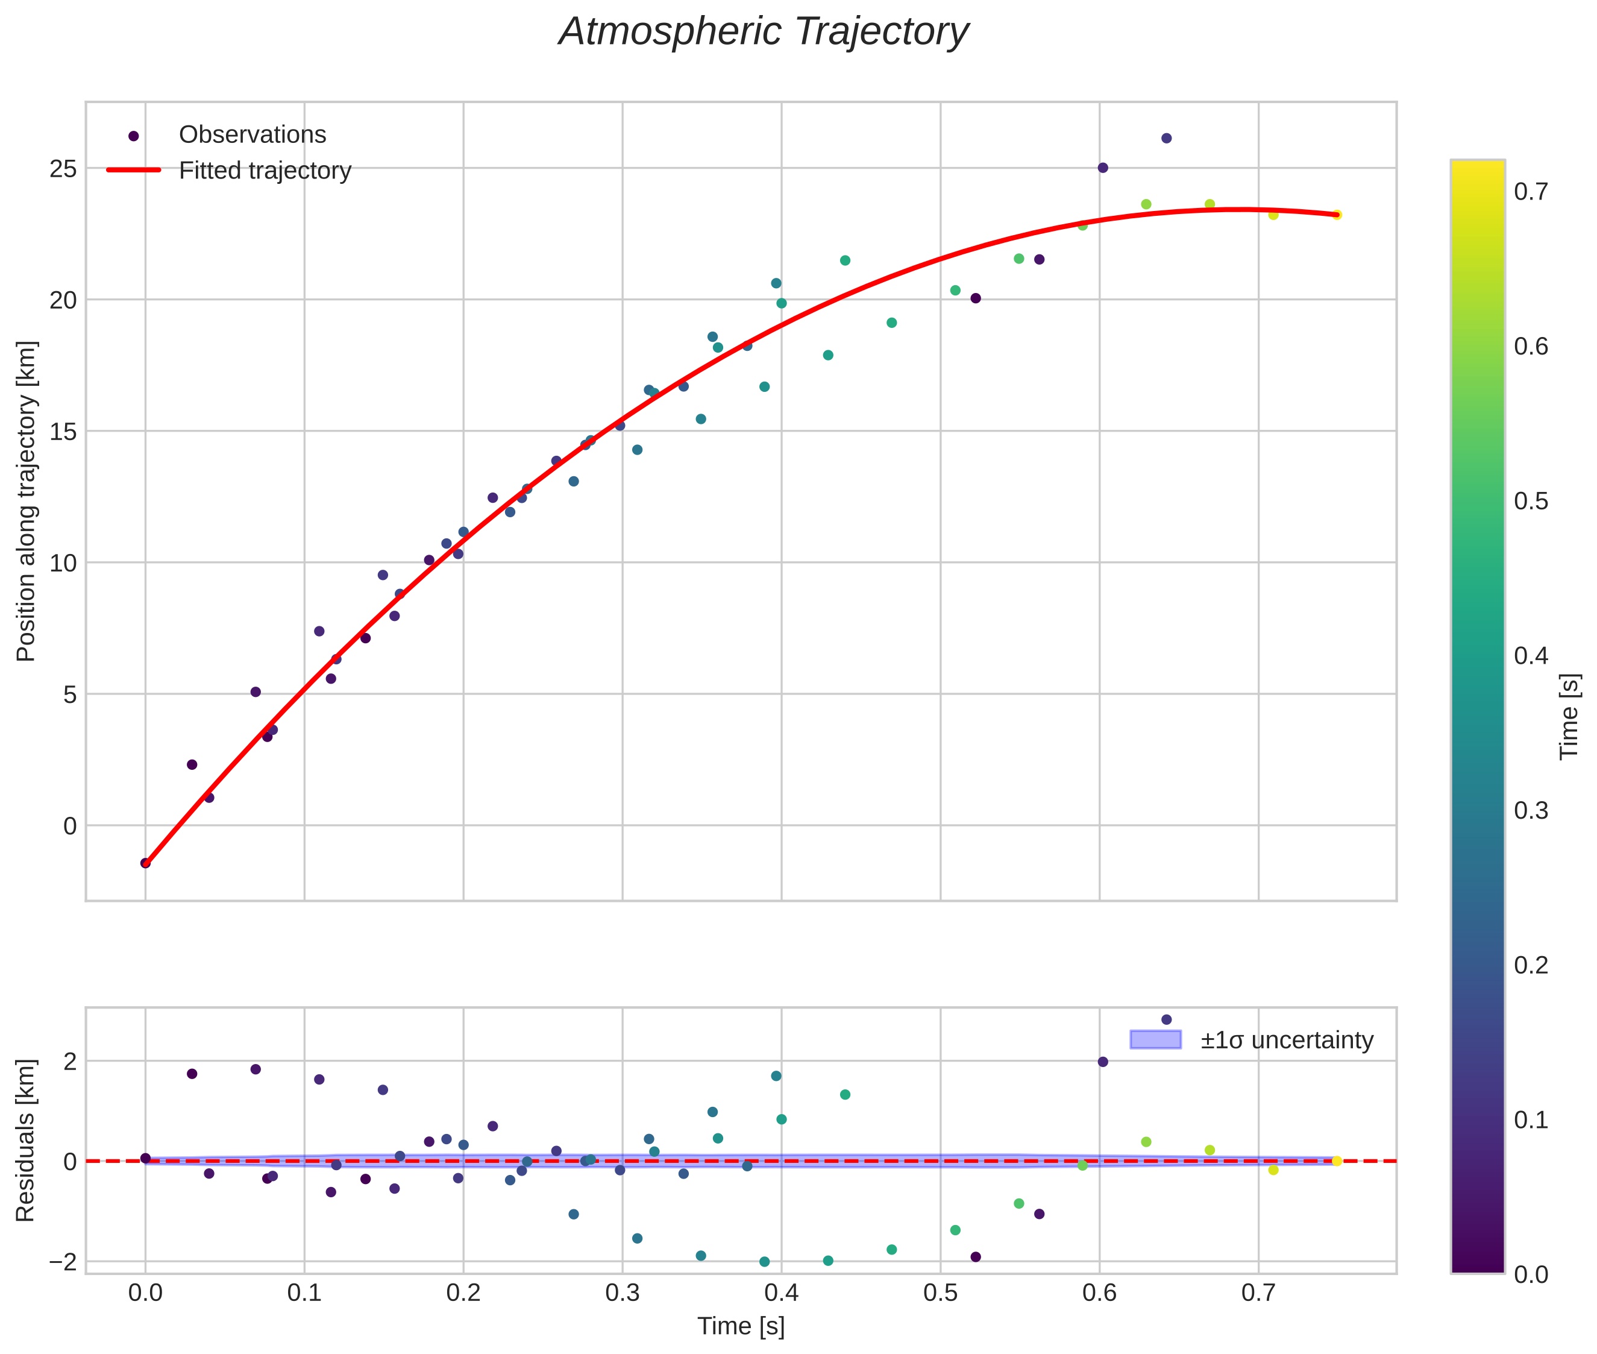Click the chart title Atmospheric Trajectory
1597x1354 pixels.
tap(763, 32)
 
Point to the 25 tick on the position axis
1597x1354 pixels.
tap(63, 169)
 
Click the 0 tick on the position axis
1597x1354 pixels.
tap(70, 826)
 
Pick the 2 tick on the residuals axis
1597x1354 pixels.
tap(70, 1062)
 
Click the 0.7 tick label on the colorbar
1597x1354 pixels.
tap(1531, 192)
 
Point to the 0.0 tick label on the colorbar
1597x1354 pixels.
tap(1531, 1275)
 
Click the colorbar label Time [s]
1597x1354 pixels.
tap(1569, 717)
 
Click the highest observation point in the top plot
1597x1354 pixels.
tap(1166, 138)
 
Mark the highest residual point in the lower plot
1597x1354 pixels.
tap(1166, 1019)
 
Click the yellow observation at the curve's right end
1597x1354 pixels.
tap(1336, 215)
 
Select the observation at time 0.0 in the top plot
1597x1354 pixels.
tap(145, 863)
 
